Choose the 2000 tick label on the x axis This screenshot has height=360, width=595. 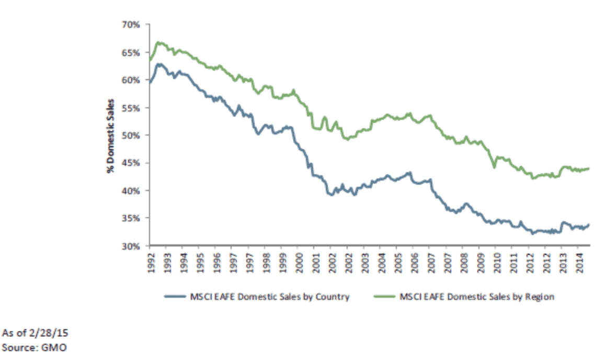pos(297,260)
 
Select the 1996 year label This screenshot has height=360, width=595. pos(216,260)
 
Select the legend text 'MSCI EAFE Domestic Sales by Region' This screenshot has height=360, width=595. pos(476,297)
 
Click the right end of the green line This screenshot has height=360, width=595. pos(589,168)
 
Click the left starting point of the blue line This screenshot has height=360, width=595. pos(150,82)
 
